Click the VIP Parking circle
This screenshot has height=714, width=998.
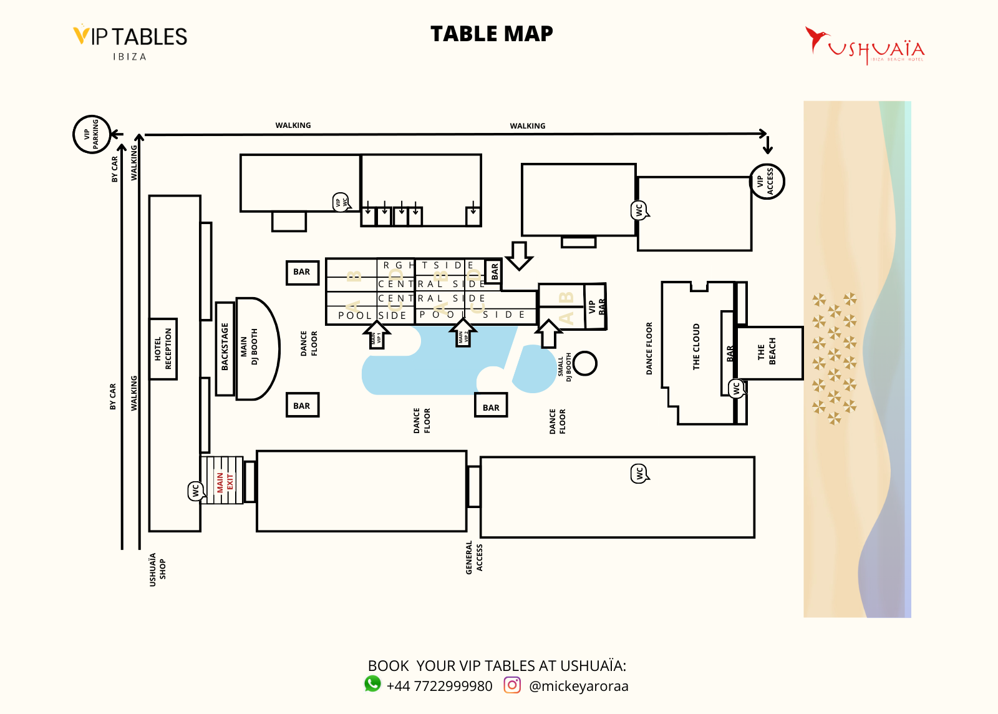coord(92,134)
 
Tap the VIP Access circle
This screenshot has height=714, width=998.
coord(767,182)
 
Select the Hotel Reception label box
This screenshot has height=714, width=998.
coord(163,349)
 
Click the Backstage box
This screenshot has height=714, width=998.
coord(225,348)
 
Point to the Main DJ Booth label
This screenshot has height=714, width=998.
coord(249,347)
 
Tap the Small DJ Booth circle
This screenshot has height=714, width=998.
coord(585,363)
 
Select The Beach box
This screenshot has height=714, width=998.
coord(768,353)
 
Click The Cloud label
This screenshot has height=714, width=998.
coord(696,347)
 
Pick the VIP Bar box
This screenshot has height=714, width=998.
coord(596,306)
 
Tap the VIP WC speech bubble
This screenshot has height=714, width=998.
coord(341,202)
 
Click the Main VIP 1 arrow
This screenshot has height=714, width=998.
coord(377,335)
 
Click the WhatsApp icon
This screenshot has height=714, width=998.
coord(372,684)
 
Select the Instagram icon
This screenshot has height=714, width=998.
coord(512,685)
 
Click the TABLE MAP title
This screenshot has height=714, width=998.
coord(492,34)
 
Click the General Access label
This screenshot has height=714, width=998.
coord(474,557)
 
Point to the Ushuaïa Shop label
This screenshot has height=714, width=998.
coord(157,569)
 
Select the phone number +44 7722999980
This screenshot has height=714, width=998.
coord(439,686)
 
